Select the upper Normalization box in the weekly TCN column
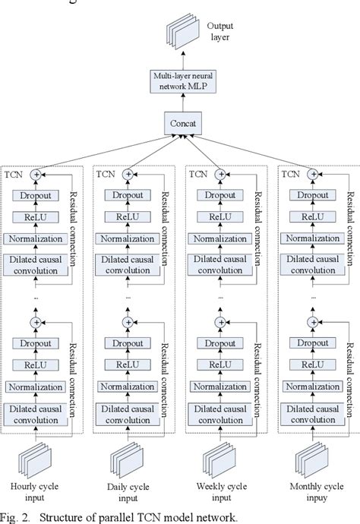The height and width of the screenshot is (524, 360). (x=221, y=239)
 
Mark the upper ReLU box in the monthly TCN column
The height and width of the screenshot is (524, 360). (x=311, y=217)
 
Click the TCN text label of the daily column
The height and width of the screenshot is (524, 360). (x=106, y=173)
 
